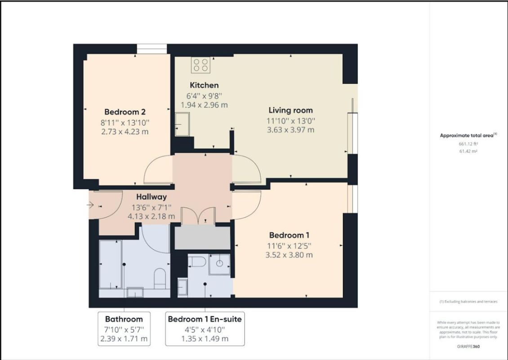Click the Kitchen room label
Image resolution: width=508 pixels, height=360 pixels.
point(204,85)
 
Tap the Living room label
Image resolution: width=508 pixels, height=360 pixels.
point(290,110)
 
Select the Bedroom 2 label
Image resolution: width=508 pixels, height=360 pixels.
point(125,112)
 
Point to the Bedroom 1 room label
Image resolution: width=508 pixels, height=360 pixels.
point(290,235)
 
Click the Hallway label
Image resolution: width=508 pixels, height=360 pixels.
point(152,197)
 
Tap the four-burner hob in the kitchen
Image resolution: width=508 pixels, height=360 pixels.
point(201,65)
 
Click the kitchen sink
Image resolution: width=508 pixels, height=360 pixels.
point(182,124)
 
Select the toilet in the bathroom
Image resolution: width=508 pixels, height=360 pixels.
point(160,278)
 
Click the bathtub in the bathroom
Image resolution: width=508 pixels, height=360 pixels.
point(111,264)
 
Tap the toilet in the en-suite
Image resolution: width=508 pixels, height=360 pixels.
point(197,261)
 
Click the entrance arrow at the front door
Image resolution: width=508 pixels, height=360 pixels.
point(90,205)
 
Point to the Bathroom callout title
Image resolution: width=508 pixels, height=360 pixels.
point(124,319)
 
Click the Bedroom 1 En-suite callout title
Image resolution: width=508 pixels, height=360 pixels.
point(205,319)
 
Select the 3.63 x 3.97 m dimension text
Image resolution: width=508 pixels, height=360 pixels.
point(290,130)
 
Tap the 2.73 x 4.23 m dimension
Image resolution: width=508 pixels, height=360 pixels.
point(125,132)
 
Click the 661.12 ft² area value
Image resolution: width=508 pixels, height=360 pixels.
point(468,144)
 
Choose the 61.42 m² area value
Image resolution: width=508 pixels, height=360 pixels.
point(468,151)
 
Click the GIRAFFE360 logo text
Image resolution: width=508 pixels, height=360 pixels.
point(468,346)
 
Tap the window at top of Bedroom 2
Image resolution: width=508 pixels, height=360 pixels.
point(152,49)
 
